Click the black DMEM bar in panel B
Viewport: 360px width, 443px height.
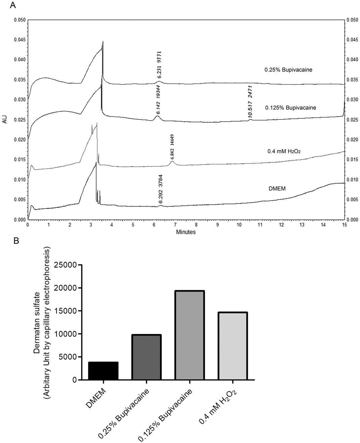[x=103, y=371]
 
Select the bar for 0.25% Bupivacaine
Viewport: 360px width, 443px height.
[x=146, y=357]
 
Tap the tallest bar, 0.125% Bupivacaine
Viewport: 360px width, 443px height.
[x=189, y=335]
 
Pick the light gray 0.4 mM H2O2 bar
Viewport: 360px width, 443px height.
[x=232, y=346]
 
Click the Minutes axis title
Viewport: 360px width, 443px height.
[x=186, y=232]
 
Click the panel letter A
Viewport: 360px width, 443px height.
[x=13, y=5]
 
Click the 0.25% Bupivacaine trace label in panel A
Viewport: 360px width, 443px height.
[x=288, y=69]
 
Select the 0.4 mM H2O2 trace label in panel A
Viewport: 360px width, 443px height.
[x=284, y=152]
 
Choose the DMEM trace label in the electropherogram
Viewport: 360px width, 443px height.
[x=277, y=189]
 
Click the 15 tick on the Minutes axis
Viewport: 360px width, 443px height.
[x=344, y=225]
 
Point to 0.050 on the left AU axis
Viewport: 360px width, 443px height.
[x=20, y=20]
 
